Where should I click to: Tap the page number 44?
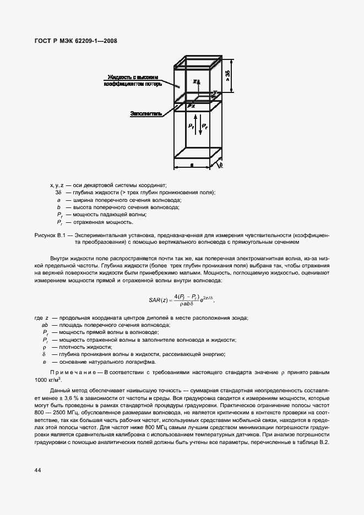pyautogui.click(x=38, y=470)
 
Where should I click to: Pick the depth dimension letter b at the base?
pyautogui.click(x=220, y=165)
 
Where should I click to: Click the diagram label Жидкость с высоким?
pyautogui.click(x=133, y=77)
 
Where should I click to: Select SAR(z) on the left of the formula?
pyautogui.click(x=159, y=300)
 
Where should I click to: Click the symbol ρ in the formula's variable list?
pyautogui.click(x=44, y=347)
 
